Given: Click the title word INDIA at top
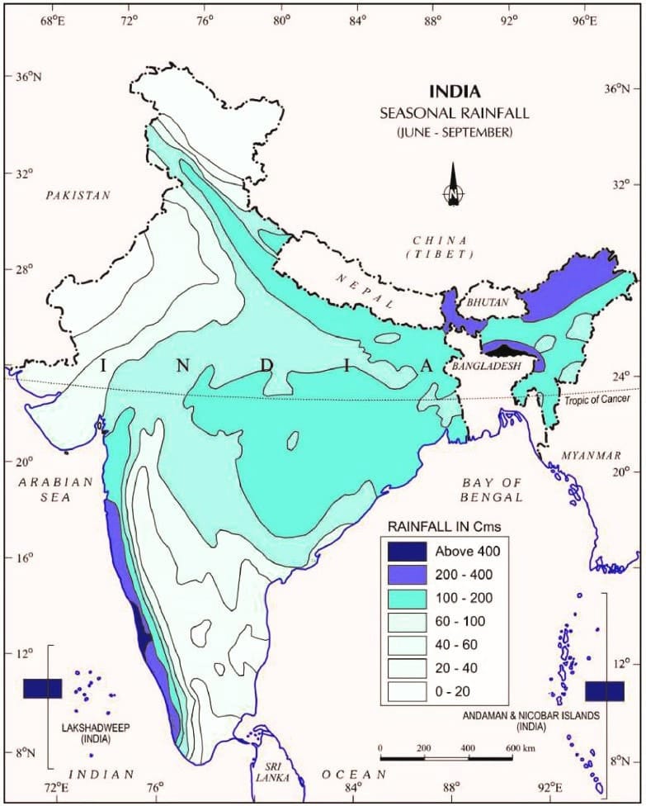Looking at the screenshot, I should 453,91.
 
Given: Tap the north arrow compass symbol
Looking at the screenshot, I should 453,186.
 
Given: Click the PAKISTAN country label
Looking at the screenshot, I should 78,196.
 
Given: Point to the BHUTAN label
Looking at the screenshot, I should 488,303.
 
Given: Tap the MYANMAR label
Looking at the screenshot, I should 591,456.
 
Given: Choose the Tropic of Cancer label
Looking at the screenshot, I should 596,400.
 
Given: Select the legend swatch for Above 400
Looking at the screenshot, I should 409,549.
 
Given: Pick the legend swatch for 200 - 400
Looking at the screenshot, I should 409,573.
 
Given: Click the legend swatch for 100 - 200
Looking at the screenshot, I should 409,597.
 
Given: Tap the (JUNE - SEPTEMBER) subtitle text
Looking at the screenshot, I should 453,131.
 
